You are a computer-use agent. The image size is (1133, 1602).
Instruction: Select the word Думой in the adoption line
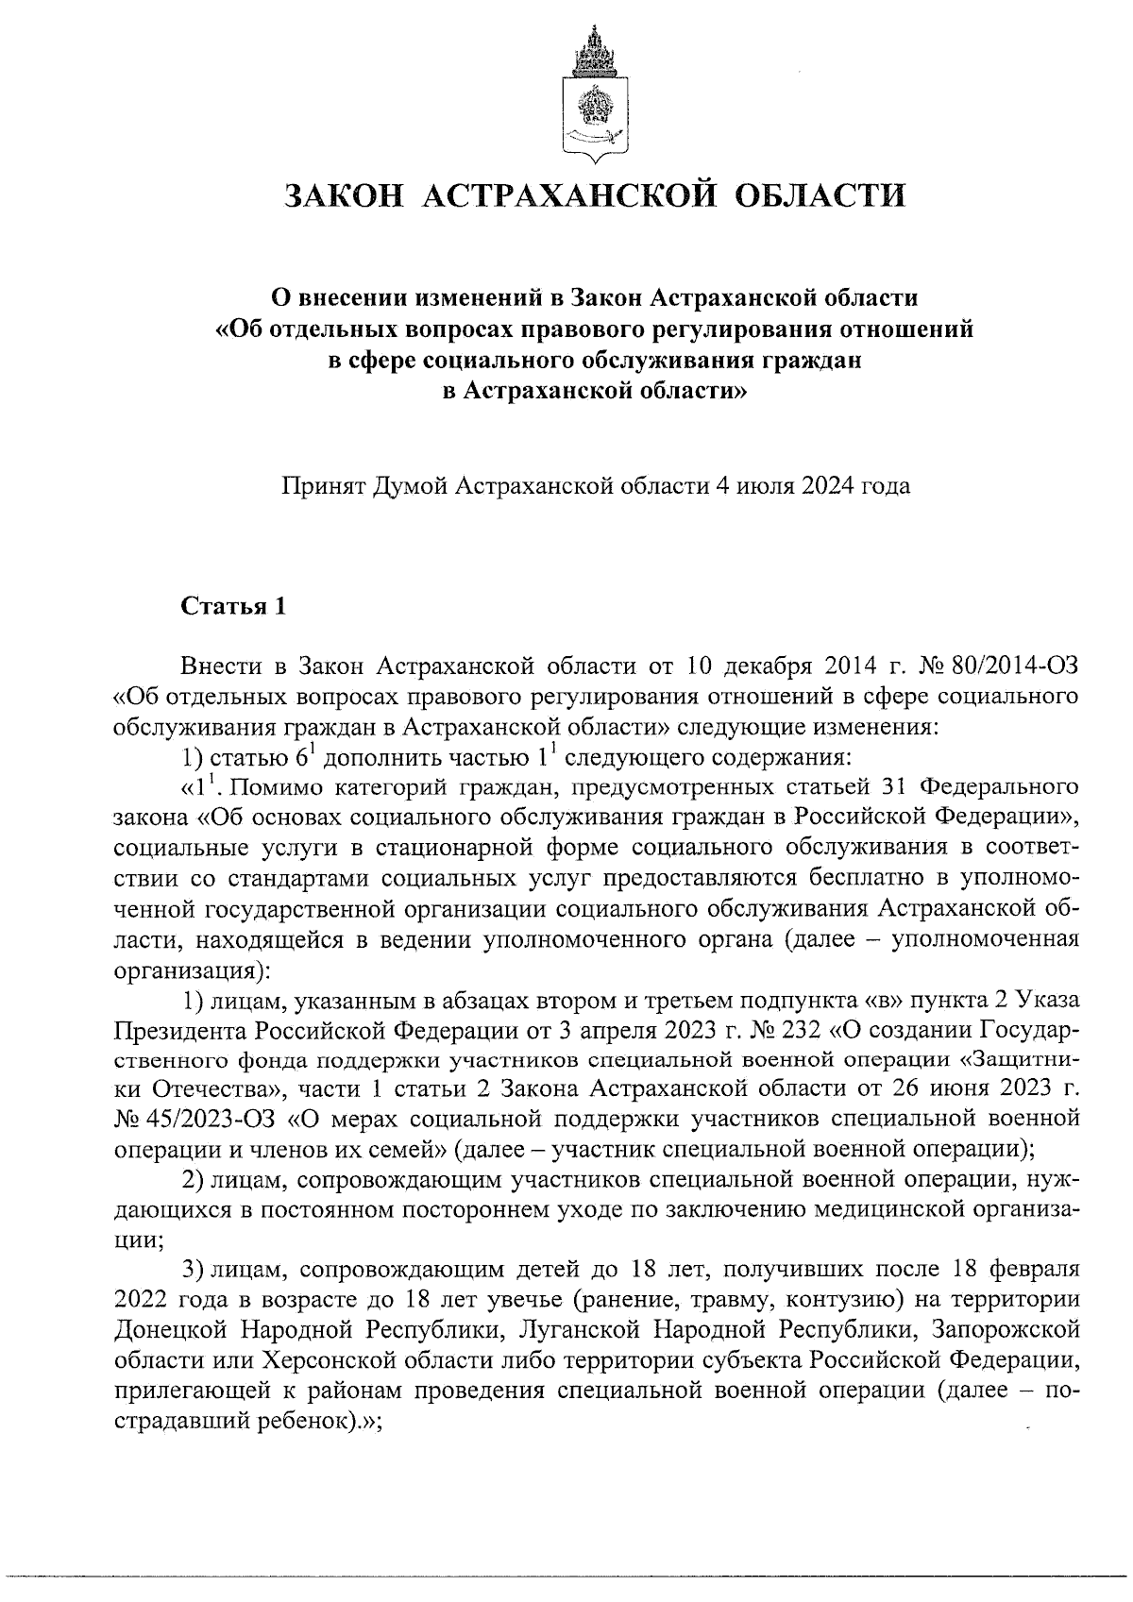[x=413, y=487]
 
